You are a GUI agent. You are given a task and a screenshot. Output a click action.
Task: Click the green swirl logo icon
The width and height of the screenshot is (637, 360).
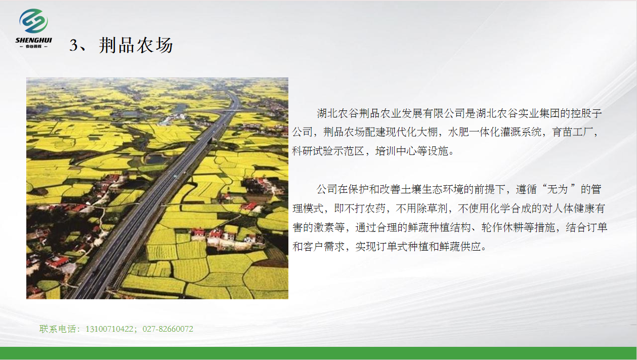(x=33, y=21)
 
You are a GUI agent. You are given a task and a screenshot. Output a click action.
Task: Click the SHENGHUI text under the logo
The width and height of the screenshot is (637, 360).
(x=33, y=40)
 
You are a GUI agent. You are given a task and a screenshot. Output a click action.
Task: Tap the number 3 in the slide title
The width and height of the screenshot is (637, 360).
(x=73, y=45)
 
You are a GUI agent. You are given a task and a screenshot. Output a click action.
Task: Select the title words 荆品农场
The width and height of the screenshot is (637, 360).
(x=136, y=45)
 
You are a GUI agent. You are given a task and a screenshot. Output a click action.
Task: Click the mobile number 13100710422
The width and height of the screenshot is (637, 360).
(x=109, y=329)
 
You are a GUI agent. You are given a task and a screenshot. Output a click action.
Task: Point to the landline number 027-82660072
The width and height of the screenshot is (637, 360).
(x=168, y=329)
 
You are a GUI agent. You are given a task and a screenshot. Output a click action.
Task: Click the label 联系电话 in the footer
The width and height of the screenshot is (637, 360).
(x=58, y=329)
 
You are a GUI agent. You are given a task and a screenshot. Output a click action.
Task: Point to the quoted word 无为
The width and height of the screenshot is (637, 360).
(x=558, y=189)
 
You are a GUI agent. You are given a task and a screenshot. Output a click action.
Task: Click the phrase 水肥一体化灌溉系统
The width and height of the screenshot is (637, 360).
(x=494, y=132)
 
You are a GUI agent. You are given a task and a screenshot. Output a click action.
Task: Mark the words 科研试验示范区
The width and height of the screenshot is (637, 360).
(x=328, y=151)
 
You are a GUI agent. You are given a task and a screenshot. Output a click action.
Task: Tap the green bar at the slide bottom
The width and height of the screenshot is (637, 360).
(x=319, y=353)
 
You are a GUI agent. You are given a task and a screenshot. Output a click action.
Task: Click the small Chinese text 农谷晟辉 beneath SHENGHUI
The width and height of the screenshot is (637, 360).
(x=33, y=47)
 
